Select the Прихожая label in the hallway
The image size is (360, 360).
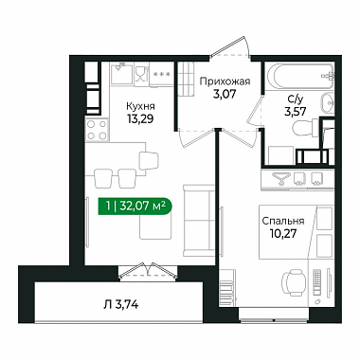225,82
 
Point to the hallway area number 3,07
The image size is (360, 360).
225,94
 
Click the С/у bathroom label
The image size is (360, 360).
295,99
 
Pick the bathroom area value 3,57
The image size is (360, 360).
295,112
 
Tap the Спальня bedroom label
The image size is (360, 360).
283,221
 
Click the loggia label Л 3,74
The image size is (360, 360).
121,305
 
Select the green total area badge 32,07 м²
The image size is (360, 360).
135,207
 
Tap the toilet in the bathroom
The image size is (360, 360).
306,128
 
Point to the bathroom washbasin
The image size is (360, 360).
328,102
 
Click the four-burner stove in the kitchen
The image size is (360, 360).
97,130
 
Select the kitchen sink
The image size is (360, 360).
121,73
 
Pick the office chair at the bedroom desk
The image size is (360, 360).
294,280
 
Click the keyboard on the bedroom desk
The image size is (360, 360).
317,280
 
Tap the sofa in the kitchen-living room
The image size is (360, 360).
198,221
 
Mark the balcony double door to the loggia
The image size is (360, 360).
148,272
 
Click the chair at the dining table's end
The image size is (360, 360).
148,161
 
